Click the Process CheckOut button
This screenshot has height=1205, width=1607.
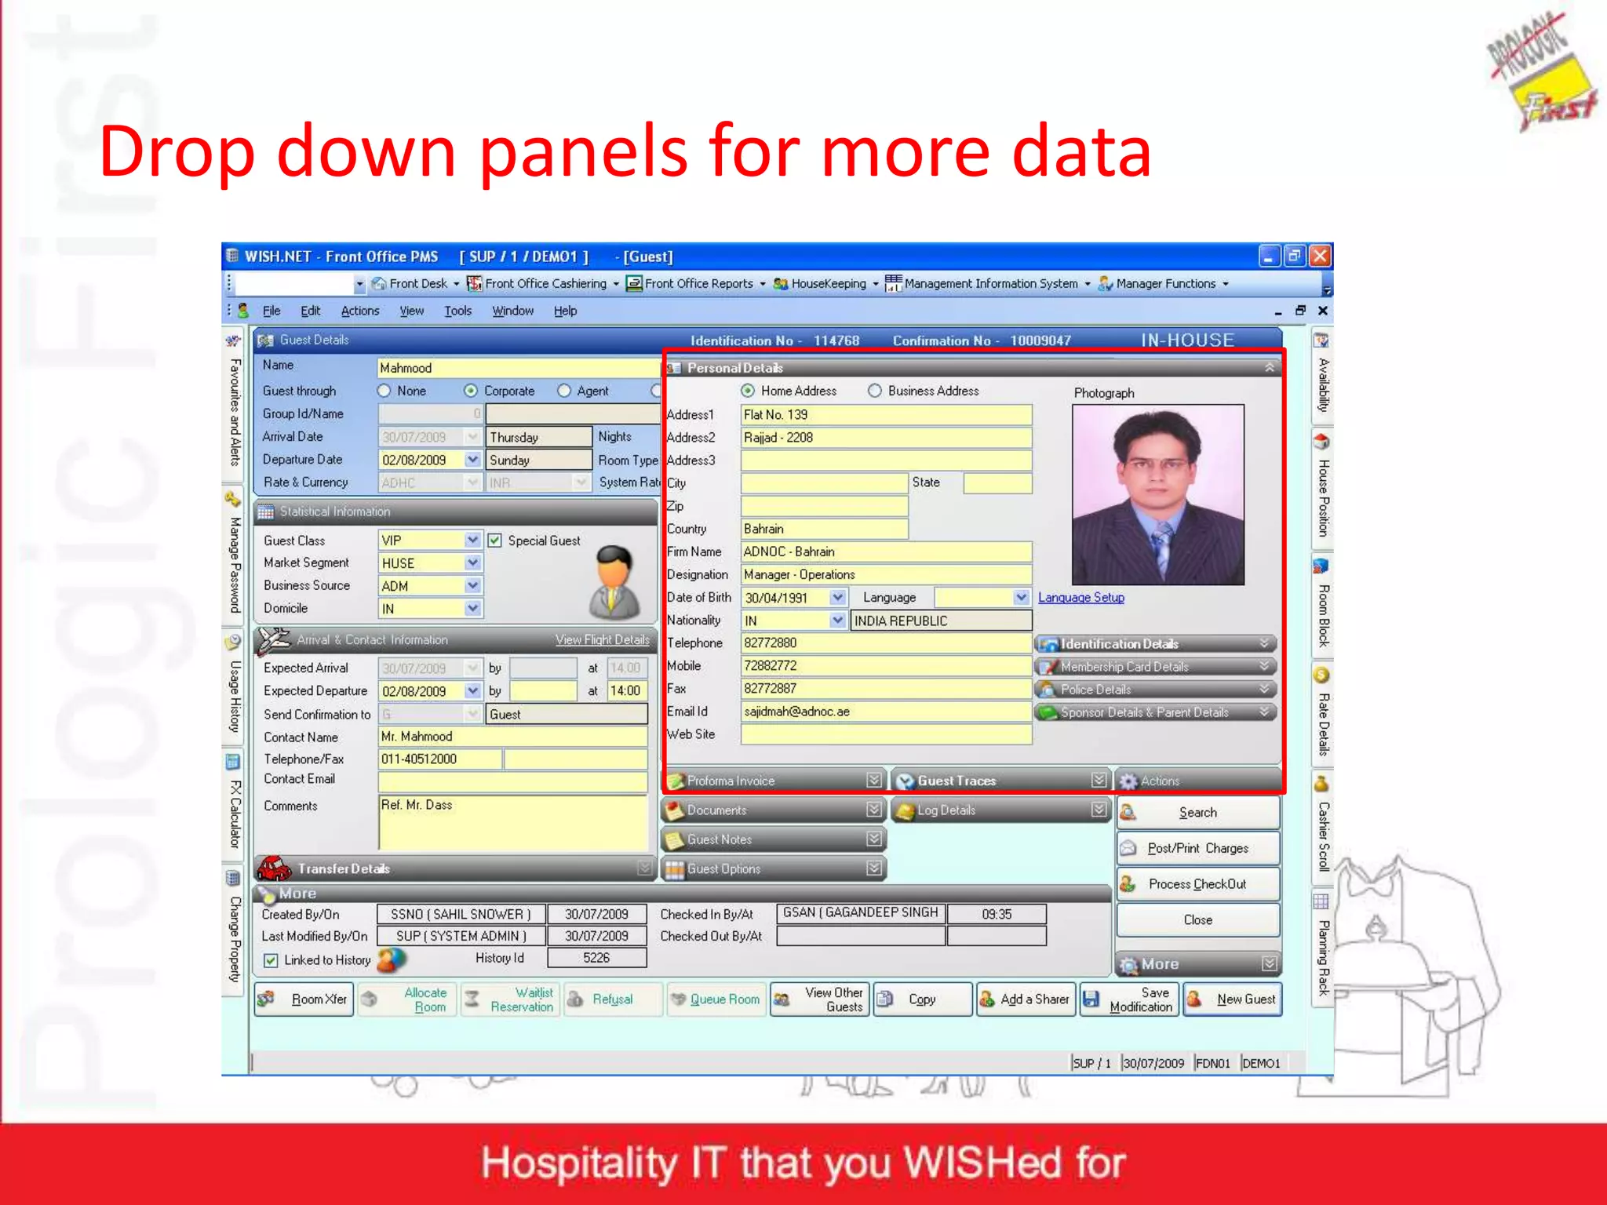(1197, 884)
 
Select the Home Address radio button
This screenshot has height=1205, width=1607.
(748, 391)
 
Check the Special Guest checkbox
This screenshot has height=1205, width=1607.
(495, 541)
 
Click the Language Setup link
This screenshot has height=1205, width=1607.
(1080, 598)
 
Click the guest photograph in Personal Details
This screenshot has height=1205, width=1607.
(1157, 494)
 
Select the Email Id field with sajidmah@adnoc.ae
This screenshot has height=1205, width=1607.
(885, 712)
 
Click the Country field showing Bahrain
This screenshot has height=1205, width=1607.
(824, 529)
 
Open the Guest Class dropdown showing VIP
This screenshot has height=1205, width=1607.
(472, 540)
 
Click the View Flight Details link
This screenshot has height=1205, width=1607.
(602, 640)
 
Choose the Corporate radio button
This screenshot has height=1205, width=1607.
(471, 391)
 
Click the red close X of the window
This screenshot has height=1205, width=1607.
(1321, 256)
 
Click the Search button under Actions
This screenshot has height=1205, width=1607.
(1197, 813)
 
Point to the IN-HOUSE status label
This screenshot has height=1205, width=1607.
(1187, 340)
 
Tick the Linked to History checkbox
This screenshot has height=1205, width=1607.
(271, 960)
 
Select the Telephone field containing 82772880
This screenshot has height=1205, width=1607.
(885, 643)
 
